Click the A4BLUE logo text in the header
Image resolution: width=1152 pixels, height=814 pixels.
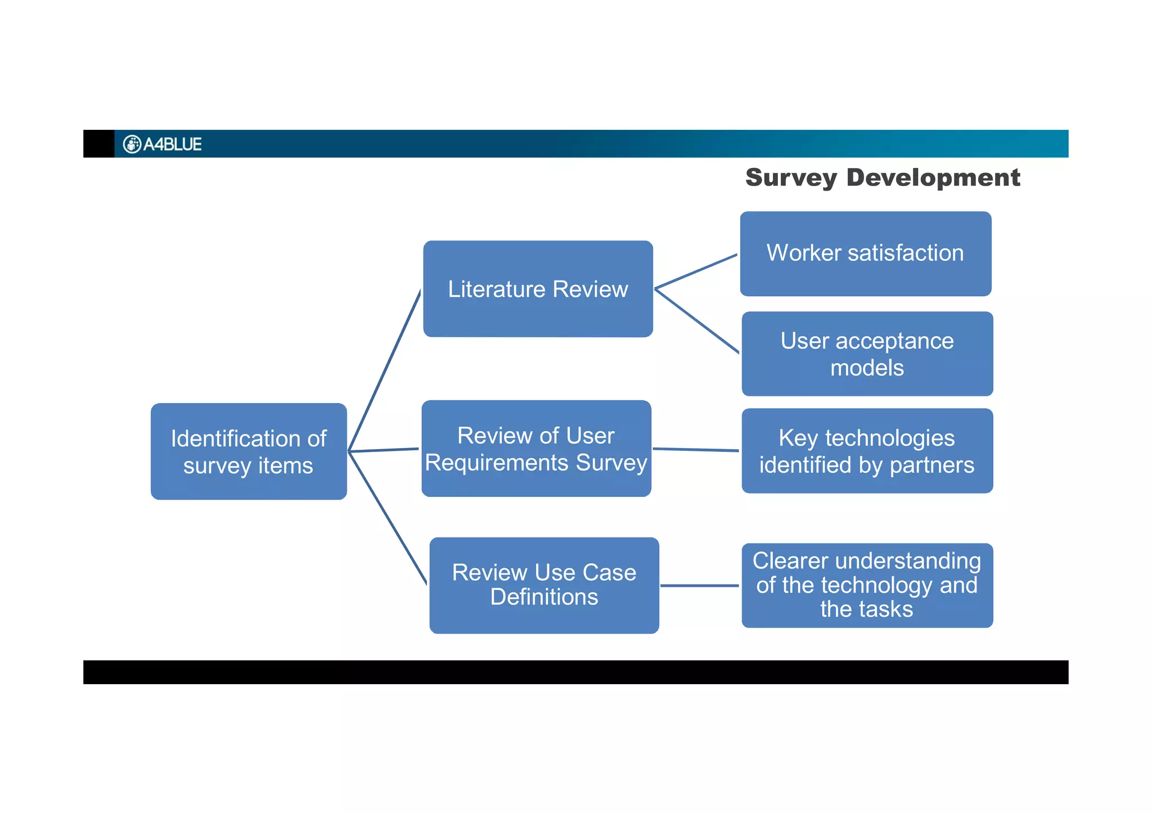pyautogui.click(x=172, y=144)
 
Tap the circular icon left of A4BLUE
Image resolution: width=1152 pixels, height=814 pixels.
pyautogui.click(x=132, y=144)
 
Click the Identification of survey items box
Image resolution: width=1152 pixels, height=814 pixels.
pyautogui.click(x=249, y=451)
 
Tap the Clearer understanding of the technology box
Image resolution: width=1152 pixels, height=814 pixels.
pyautogui.click(x=867, y=585)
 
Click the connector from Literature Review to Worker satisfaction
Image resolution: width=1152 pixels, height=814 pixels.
pyautogui.click(x=696, y=272)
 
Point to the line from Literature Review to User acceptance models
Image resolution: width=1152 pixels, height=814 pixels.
pyautogui.click(x=697, y=321)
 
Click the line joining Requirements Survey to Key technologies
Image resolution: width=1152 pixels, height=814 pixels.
pyautogui.click(x=696, y=450)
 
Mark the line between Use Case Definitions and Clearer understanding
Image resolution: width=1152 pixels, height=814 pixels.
pyautogui.click(x=699, y=585)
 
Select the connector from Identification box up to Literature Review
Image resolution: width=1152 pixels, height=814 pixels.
pyautogui.click(x=385, y=371)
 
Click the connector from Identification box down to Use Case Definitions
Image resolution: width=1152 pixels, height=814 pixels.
pyautogui.click(x=388, y=518)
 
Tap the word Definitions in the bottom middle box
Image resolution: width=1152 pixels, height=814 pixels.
pyautogui.click(x=544, y=597)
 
